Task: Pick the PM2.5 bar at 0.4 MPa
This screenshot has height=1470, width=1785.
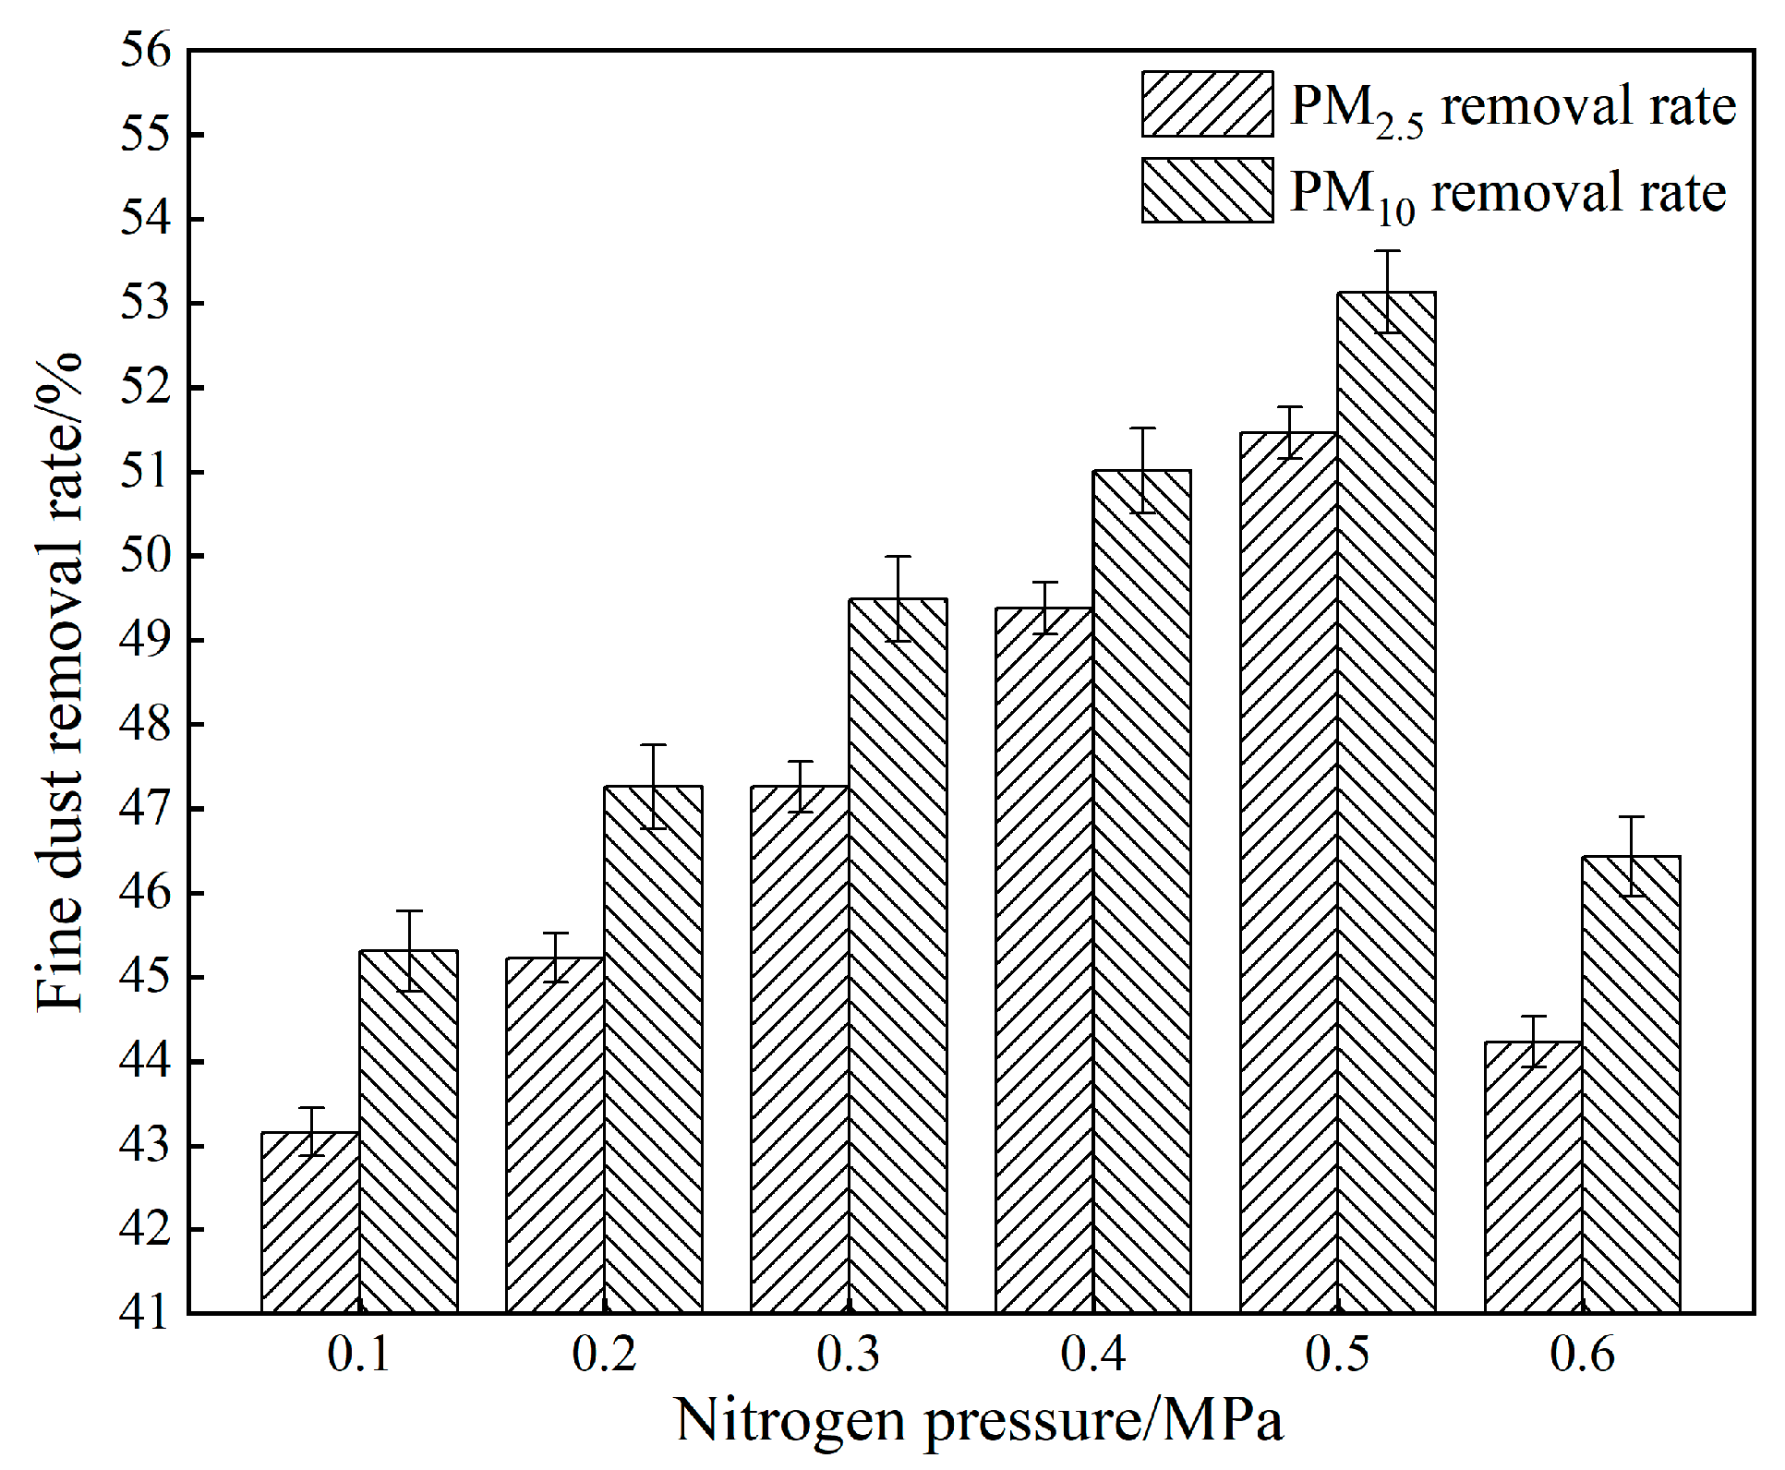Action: [x=1044, y=959]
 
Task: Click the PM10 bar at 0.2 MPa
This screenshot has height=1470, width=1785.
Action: [x=653, y=1048]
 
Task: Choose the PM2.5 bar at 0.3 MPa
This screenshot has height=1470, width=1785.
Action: [x=800, y=1048]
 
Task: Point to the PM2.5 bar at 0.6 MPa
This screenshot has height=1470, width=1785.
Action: [x=1533, y=1176]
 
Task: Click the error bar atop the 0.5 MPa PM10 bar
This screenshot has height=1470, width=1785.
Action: [x=1387, y=291]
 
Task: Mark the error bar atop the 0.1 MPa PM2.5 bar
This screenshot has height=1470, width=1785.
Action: [x=311, y=1131]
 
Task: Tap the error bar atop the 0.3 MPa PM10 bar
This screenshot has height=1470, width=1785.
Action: [x=898, y=598]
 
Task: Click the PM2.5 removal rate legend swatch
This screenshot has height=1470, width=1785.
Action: [x=1207, y=104]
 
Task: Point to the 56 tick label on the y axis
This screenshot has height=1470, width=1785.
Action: [x=147, y=50]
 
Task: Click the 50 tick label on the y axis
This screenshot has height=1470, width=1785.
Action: [x=147, y=556]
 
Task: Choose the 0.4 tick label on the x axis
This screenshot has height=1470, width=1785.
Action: [x=1093, y=1356]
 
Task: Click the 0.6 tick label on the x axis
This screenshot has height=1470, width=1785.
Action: [x=1582, y=1356]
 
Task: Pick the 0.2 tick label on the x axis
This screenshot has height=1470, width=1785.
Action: [x=604, y=1356]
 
